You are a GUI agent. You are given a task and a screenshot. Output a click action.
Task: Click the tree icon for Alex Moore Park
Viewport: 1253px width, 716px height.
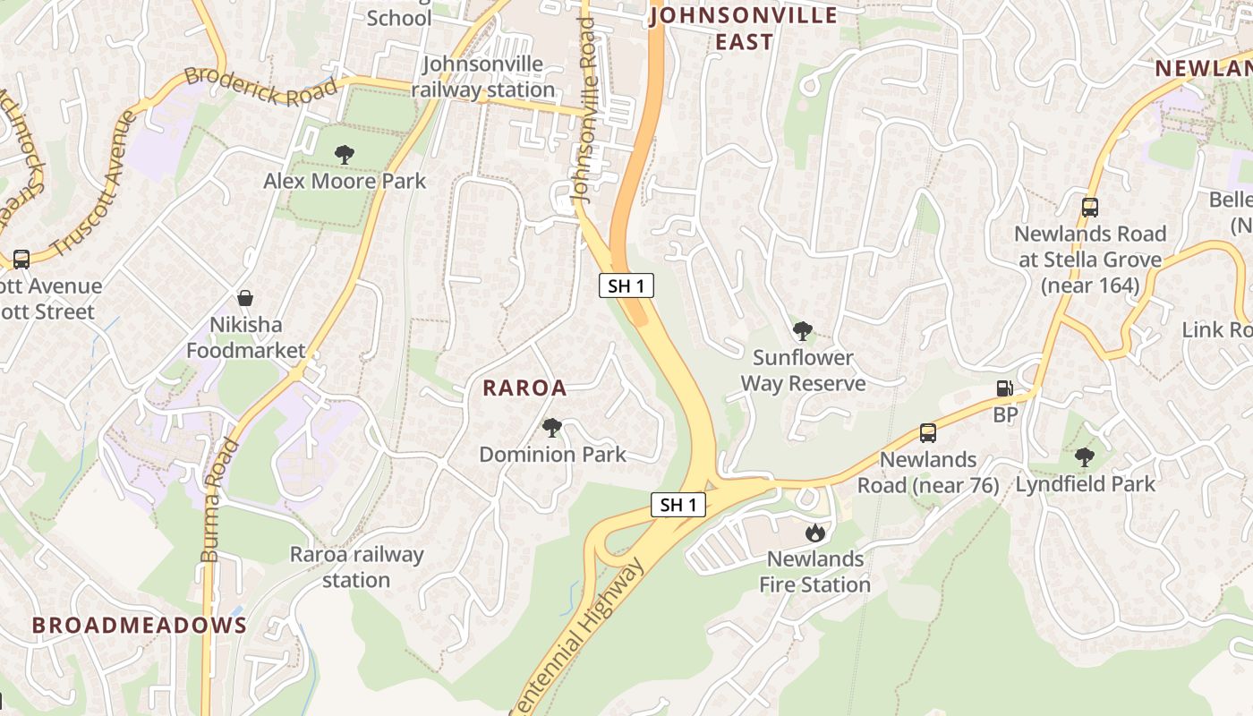(344, 155)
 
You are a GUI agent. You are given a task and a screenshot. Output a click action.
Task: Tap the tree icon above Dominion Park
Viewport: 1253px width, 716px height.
(552, 428)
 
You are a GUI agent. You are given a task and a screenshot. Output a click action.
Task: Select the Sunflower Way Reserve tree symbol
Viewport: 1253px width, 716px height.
(803, 331)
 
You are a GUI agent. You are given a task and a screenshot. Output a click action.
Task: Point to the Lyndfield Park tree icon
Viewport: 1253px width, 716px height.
(1085, 457)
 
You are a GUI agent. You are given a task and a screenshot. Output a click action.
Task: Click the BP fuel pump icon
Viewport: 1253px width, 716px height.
(1005, 388)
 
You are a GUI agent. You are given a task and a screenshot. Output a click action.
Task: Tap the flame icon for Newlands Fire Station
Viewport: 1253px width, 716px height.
(814, 533)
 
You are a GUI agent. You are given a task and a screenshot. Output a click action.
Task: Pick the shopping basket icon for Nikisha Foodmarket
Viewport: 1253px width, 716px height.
(244, 298)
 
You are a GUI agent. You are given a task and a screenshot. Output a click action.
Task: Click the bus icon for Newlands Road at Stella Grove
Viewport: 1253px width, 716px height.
(1089, 208)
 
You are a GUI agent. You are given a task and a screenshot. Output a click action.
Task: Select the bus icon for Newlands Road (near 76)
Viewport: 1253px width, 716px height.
(928, 433)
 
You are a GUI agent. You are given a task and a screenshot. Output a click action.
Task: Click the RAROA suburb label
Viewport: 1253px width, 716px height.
(525, 388)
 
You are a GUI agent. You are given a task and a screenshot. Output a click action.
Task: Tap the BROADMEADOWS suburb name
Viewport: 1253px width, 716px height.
(140, 625)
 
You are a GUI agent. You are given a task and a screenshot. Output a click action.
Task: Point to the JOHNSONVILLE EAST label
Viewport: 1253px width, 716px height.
(744, 29)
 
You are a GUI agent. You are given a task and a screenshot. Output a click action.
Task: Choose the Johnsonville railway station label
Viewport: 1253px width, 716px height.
(483, 77)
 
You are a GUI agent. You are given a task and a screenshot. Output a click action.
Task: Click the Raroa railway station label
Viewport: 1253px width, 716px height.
(356, 567)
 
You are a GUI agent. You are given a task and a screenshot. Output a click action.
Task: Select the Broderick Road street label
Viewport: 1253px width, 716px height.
(261, 89)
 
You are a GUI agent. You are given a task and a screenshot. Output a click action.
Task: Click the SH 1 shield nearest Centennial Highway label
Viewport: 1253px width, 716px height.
(678, 505)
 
